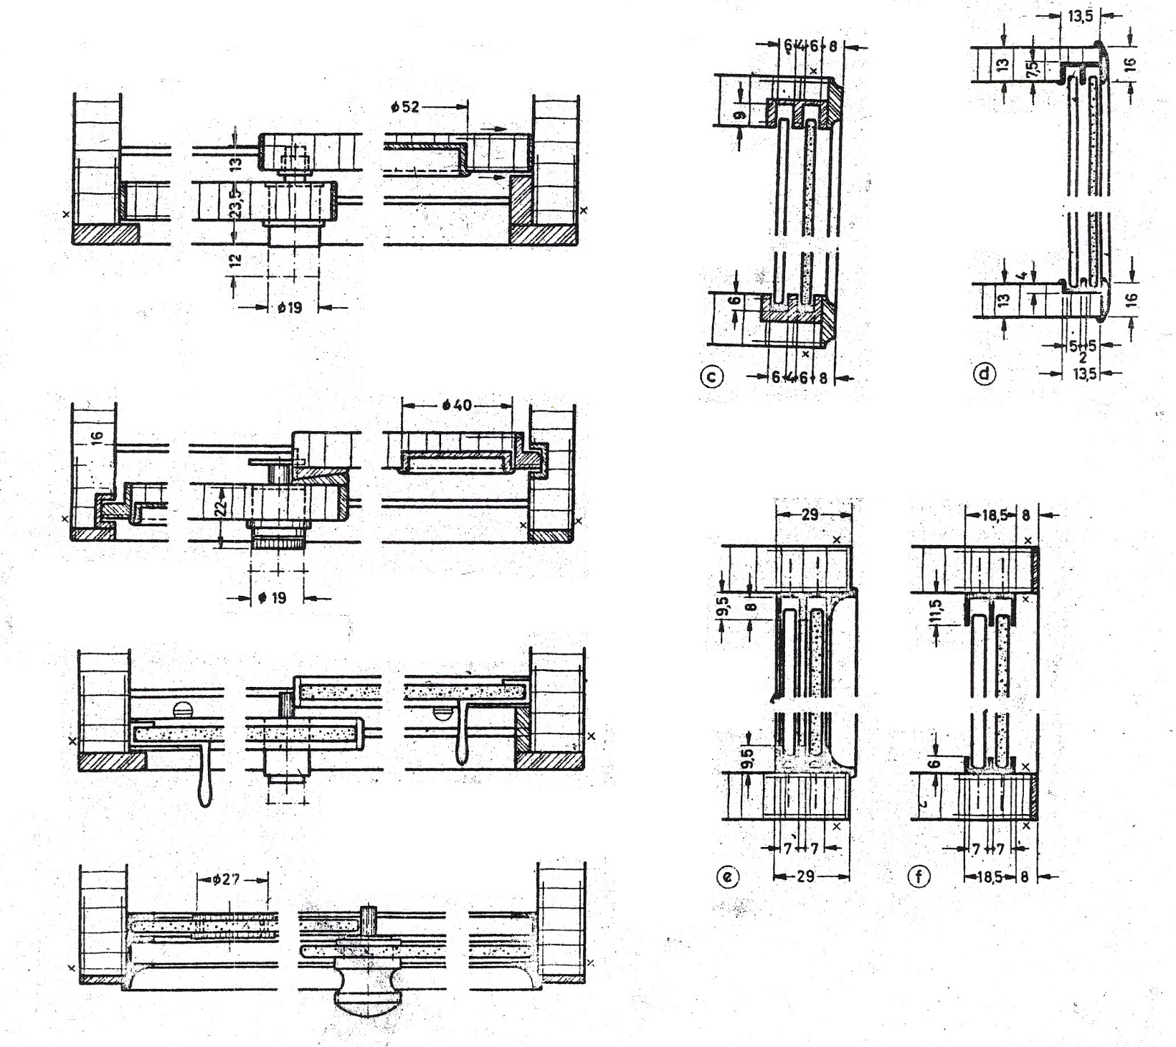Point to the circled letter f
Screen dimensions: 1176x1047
[919, 876]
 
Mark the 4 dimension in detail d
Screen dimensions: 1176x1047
[1022, 277]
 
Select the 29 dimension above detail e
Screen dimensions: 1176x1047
[810, 515]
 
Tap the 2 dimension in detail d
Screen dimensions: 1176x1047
[1083, 358]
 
